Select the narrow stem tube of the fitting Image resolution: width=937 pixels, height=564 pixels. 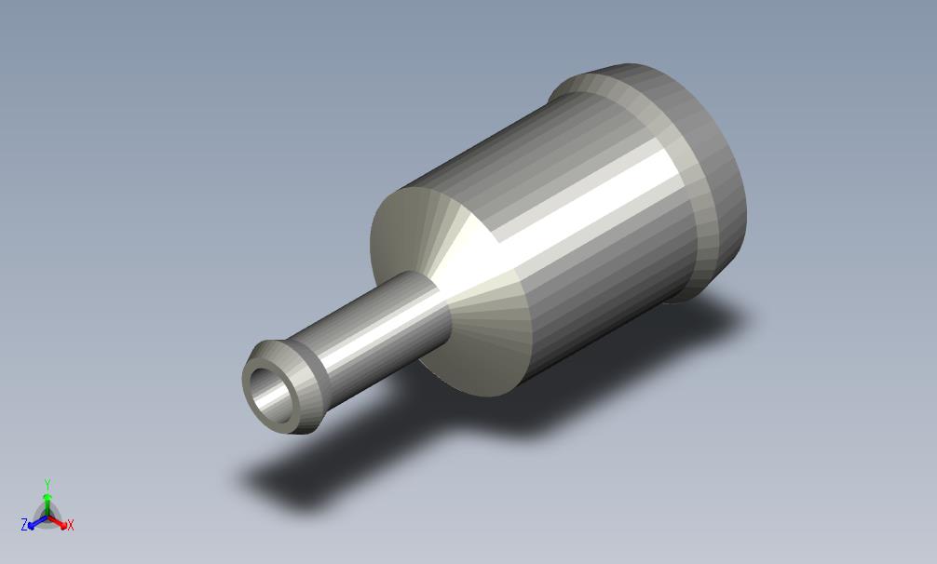pyautogui.click(x=373, y=326)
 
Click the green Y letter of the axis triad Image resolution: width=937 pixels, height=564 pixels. pyautogui.click(x=47, y=484)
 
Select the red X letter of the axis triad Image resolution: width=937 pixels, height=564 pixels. pyautogui.click(x=71, y=526)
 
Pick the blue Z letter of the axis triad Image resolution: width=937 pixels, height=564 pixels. pyautogui.click(x=24, y=526)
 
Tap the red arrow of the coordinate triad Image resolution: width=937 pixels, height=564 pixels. pyautogui.click(x=60, y=523)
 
